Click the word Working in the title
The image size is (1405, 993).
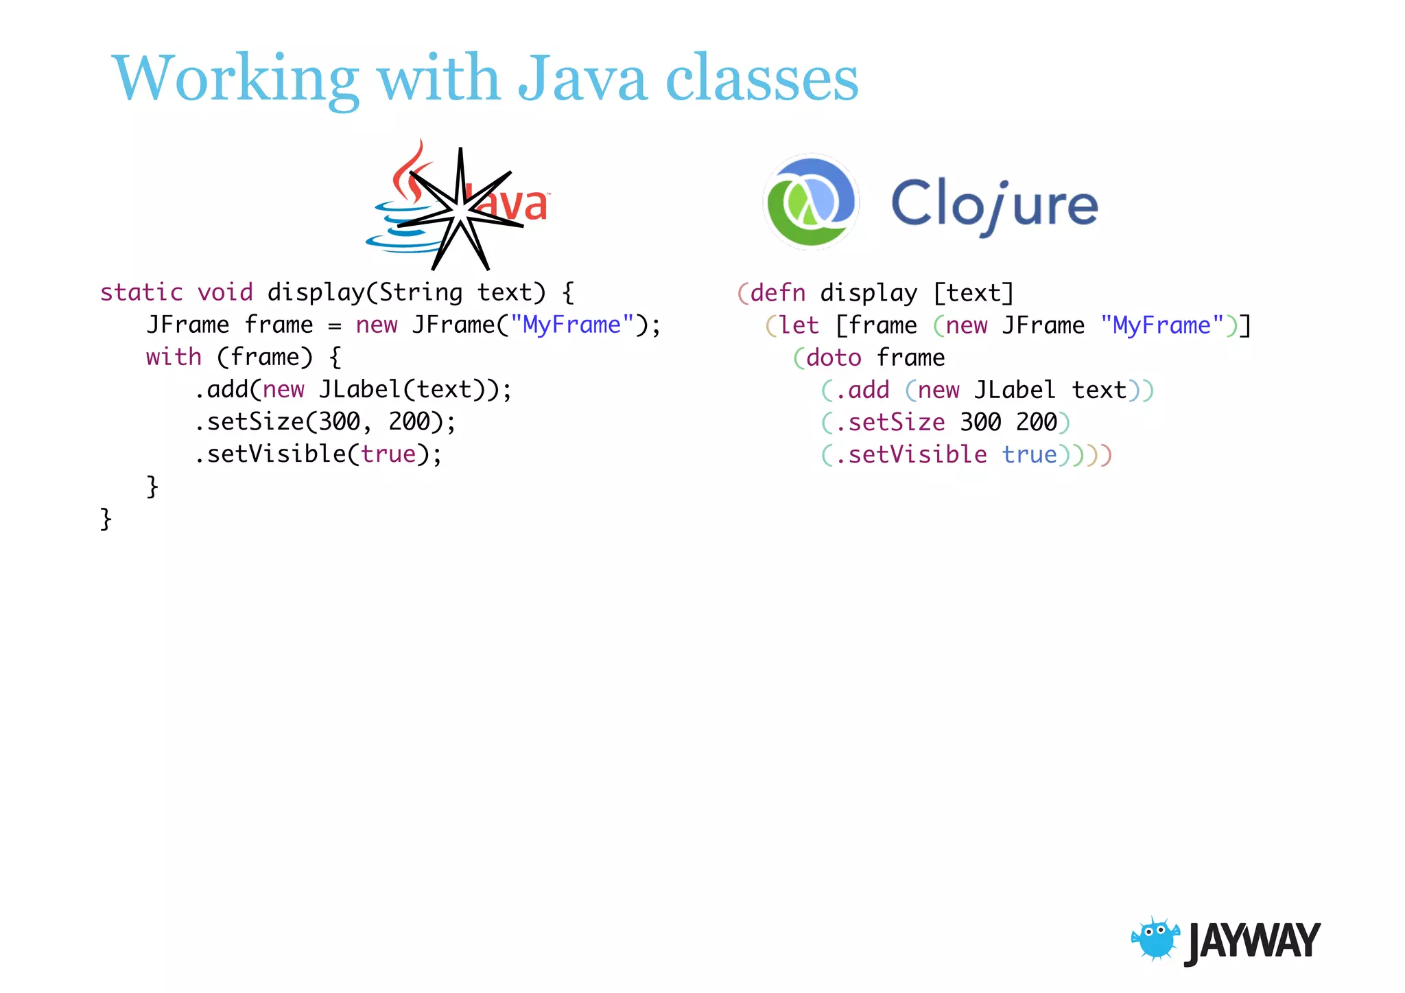pyautogui.click(x=235, y=79)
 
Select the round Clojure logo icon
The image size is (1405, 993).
pyautogui.click(x=811, y=201)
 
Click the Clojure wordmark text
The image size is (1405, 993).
pyautogui.click(x=994, y=205)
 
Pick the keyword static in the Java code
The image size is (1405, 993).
pyautogui.click(x=141, y=292)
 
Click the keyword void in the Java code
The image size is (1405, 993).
pyautogui.click(x=225, y=292)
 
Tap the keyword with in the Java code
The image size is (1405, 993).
pyautogui.click(x=174, y=357)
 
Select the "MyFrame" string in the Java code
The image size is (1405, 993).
pyautogui.click(x=571, y=325)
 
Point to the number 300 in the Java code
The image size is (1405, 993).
pyautogui.click(x=339, y=421)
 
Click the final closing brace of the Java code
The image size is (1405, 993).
pyautogui.click(x=106, y=519)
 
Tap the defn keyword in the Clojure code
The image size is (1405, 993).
pyautogui.click(x=777, y=293)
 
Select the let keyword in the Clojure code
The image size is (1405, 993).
pyautogui.click(x=799, y=325)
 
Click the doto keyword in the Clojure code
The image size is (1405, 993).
pyautogui.click(x=834, y=358)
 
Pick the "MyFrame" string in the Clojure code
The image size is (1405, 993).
pyautogui.click(x=1162, y=325)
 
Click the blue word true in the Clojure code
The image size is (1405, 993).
pyautogui.click(x=1029, y=454)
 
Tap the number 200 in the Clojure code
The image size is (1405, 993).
pyautogui.click(x=1036, y=422)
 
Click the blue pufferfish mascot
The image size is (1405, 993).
pyautogui.click(x=1155, y=938)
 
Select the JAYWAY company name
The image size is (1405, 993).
pyautogui.click(x=1252, y=942)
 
